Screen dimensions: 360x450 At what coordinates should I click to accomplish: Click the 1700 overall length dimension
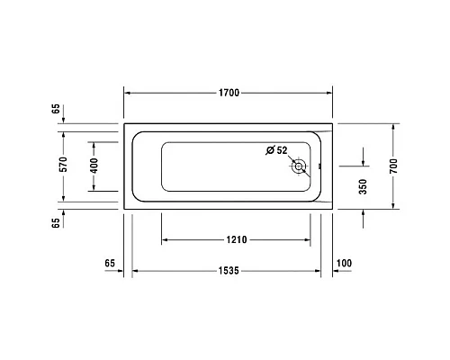click(x=229, y=93)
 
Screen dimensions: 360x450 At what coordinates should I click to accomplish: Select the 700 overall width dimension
click(x=393, y=166)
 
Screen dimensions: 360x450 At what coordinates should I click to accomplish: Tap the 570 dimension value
click(x=63, y=166)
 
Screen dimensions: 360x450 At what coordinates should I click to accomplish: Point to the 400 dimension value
click(x=92, y=166)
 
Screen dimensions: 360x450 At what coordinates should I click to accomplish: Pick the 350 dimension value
click(x=363, y=187)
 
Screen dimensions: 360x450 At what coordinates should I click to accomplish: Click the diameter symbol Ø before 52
click(x=270, y=150)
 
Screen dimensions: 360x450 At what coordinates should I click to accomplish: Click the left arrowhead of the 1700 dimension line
click(x=127, y=93)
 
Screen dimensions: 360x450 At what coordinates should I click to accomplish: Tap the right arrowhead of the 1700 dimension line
click(x=329, y=93)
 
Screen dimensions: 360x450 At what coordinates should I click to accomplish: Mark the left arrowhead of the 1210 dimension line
click(x=166, y=240)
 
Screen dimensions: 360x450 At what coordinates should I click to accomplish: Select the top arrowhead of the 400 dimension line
click(x=92, y=142)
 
